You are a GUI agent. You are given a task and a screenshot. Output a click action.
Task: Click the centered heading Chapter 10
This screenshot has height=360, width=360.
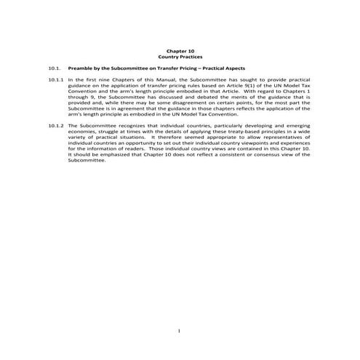(180, 49)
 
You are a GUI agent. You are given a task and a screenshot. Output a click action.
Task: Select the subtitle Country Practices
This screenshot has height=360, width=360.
(180, 55)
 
